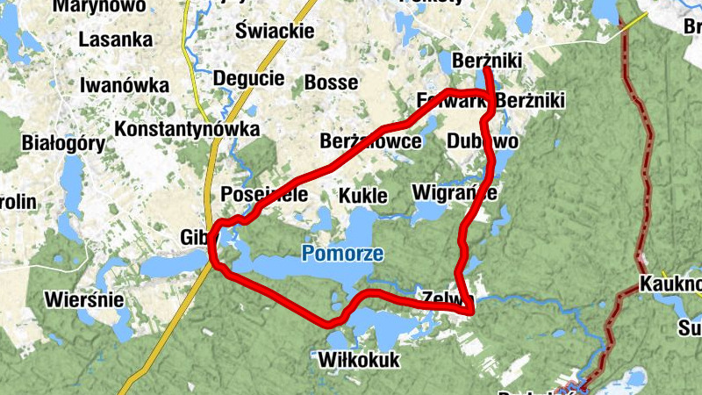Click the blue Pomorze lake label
(342, 255)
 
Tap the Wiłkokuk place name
(359, 360)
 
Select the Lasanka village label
(115, 39)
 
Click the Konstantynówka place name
(188, 129)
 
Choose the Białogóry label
(55, 143)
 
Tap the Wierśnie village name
(84, 300)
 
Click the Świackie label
(275, 32)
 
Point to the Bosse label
(331, 83)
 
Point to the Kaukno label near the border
(670, 284)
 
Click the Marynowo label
(99, 5)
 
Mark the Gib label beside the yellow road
(192, 237)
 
